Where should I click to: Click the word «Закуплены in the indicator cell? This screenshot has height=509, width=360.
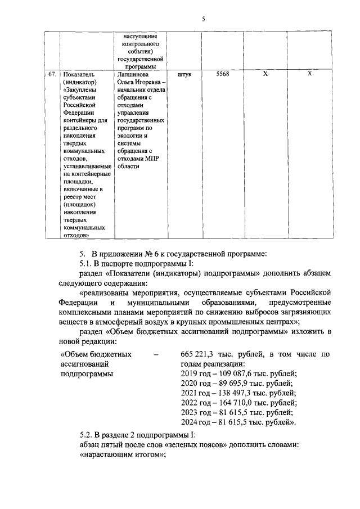pos(82,89)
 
